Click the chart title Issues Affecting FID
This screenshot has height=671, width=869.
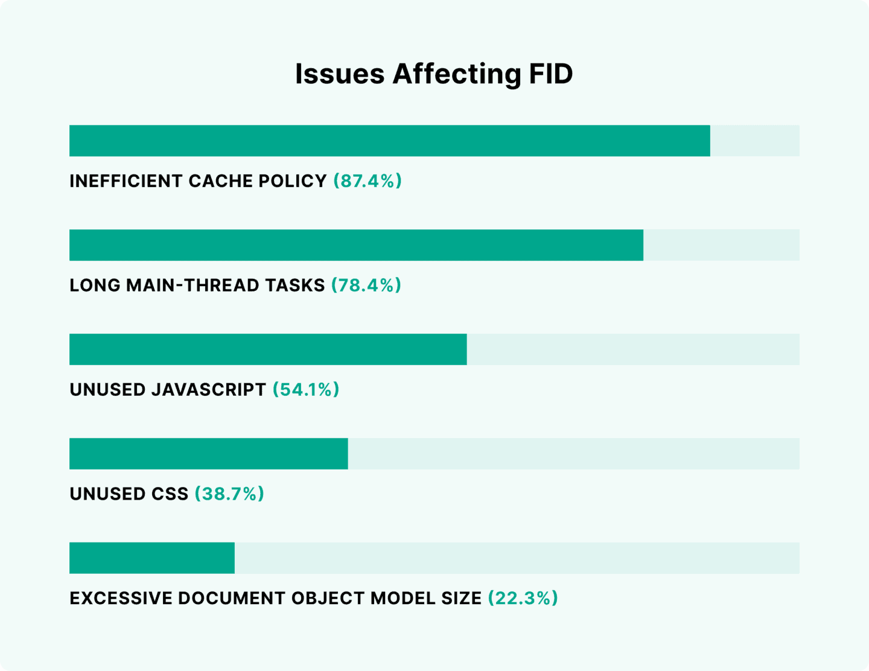434,75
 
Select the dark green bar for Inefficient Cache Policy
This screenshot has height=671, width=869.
390,141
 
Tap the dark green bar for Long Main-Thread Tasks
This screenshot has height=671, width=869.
356,245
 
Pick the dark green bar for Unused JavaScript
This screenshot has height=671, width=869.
268,349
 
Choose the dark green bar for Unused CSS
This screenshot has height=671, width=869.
209,454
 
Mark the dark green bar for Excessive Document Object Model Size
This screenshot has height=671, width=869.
152,558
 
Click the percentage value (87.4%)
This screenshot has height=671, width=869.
368,181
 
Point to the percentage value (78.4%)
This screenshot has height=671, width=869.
366,285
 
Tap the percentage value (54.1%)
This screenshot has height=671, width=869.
306,389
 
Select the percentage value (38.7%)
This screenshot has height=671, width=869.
229,494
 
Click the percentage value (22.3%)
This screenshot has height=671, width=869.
523,598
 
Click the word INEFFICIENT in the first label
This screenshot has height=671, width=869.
126,181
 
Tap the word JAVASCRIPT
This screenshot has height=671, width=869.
209,390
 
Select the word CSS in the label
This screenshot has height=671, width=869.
170,494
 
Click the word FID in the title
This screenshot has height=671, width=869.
551,74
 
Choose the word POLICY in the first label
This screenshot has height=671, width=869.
293,181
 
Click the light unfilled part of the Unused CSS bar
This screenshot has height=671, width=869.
574,454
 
